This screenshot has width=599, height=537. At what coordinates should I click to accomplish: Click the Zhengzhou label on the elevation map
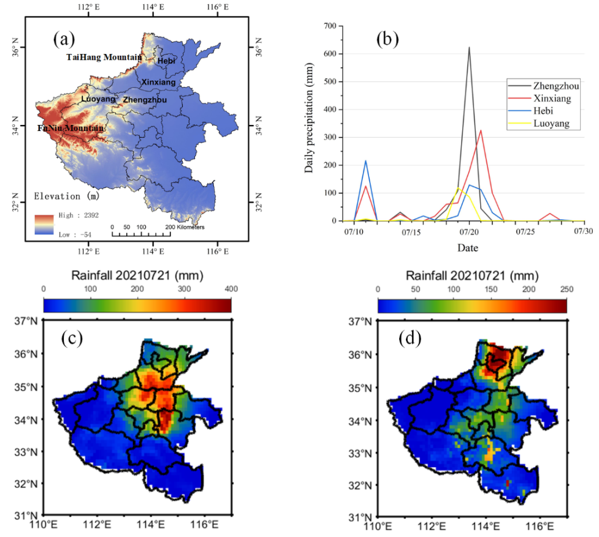pos(144,99)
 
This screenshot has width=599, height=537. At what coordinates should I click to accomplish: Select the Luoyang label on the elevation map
pos(98,99)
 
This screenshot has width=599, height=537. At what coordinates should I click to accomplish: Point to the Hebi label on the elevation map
pos(166,61)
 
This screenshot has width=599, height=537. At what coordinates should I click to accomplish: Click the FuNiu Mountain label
pos(71,129)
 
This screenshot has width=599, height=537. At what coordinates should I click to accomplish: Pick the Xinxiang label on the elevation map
pos(158,81)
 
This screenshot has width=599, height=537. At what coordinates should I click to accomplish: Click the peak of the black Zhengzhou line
pos(469,47)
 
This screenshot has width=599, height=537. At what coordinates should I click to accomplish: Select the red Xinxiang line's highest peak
pos(481,130)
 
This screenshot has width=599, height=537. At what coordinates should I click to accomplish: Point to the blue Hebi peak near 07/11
pos(366,160)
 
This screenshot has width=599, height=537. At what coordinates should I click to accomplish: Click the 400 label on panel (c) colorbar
pos(231,289)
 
